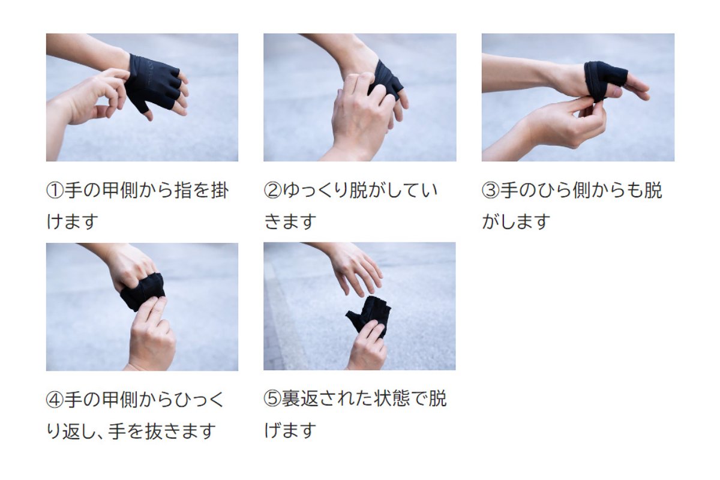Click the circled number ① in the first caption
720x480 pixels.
(55, 190)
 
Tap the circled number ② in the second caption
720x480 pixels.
(272, 190)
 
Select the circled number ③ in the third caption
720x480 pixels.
(491, 190)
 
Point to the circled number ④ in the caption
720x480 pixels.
(55, 400)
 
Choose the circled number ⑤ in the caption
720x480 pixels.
(272, 399)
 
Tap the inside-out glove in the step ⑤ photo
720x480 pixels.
(369, 316)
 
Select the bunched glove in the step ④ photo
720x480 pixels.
(143, 291)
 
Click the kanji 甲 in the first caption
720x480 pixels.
(111, 190)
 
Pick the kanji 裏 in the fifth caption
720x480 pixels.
(291, 399)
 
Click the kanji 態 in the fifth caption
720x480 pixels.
(401, 399)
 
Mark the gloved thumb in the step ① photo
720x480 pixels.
(143, 106)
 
